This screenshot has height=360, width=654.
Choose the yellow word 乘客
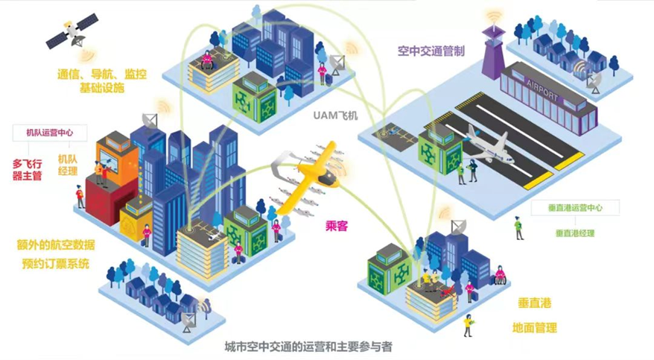[337, 226]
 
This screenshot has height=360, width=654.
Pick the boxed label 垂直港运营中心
[577, 208]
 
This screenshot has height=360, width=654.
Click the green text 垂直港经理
[575, 233]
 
